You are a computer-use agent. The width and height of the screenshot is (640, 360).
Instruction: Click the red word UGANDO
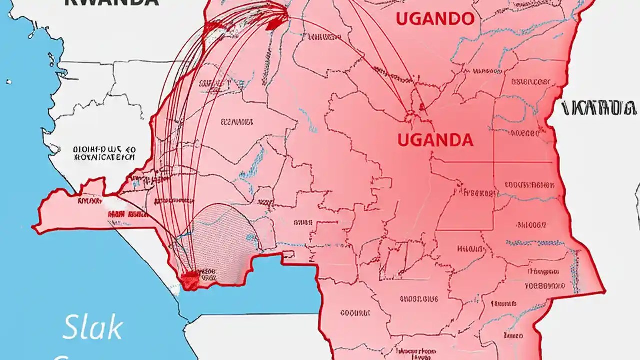(x=435, y=19)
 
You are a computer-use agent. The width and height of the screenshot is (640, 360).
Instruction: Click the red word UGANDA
(x=435, y=140)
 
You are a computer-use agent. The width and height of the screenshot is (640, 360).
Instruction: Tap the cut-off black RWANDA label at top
(x=112, y=2)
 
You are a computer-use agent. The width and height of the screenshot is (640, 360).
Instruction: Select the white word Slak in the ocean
(x=93, y=328)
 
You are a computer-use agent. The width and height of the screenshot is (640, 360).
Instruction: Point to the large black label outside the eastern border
(x=599, y=108)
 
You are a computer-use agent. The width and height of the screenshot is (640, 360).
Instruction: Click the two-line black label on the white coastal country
(x=104, y=153)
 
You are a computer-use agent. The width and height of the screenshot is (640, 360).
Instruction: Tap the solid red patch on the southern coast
(x=190, y=281)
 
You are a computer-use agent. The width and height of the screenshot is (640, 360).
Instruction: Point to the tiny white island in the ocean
(x=8, y=81)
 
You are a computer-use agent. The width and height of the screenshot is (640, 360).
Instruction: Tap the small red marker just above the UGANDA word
(x=422, y=107)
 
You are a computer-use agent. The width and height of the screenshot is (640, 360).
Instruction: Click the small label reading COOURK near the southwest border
(x=354, y=313)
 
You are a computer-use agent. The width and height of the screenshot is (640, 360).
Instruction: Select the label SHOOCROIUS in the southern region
(x=418, y=299)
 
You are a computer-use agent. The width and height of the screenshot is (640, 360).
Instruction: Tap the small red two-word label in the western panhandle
(x=127, y=214)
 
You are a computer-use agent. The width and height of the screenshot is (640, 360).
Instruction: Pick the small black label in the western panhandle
(x=90, y=201)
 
